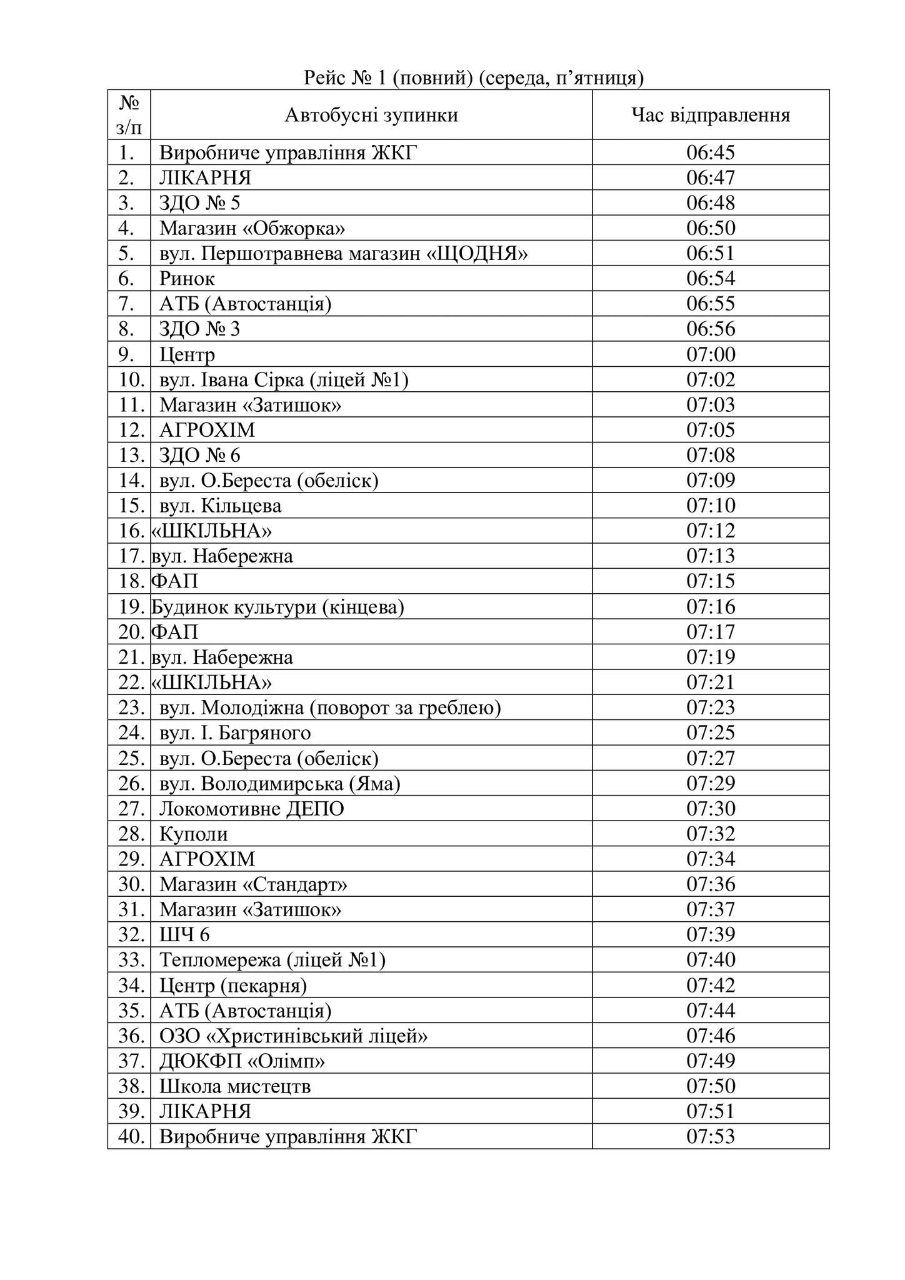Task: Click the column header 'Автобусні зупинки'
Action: tap(371, 115)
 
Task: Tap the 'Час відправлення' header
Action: tap(711, 115)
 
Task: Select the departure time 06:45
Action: tap(711, 152)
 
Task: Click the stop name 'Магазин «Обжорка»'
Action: tap(252, 228)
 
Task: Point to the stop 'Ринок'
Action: tap(187, 279)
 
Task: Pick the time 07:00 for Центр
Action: tap(711, 354)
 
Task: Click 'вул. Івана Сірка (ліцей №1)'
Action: tap(284, 380)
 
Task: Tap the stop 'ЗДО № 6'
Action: tap(199, 455)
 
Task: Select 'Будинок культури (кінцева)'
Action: tap(277, 607)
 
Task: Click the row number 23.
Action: tap(131, 707)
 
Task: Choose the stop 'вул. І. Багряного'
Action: tap(235, 732)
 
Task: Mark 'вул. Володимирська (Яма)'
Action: tap(279, 783)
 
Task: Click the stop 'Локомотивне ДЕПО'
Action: tap(251, 809)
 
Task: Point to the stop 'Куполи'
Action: tap(194, 834)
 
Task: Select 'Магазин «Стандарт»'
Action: tap(253, 884)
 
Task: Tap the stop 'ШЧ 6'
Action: tap(184, 935)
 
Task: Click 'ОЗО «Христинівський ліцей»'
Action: tap(293, 1036)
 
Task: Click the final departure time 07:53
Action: tap(711, 1137)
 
